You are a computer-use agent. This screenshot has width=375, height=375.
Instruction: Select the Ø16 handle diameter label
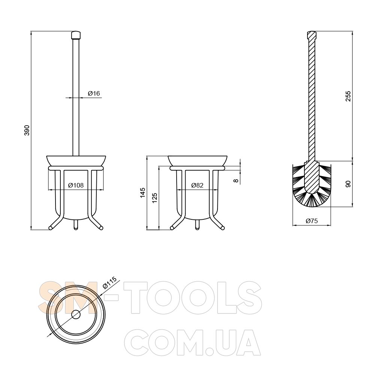[x=94, y=93]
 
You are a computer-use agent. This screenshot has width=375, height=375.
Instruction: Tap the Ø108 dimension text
[x=76, y=185]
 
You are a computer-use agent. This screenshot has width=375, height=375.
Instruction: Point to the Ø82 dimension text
[x=197, y=185]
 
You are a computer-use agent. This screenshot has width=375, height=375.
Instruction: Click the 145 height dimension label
[x=142, y=193]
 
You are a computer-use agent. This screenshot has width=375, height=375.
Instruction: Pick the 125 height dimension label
[x=154, y=198]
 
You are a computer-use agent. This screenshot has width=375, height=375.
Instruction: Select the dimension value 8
[x=236, y=181]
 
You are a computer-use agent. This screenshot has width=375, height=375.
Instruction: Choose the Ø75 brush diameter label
[x=312, y=221]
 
